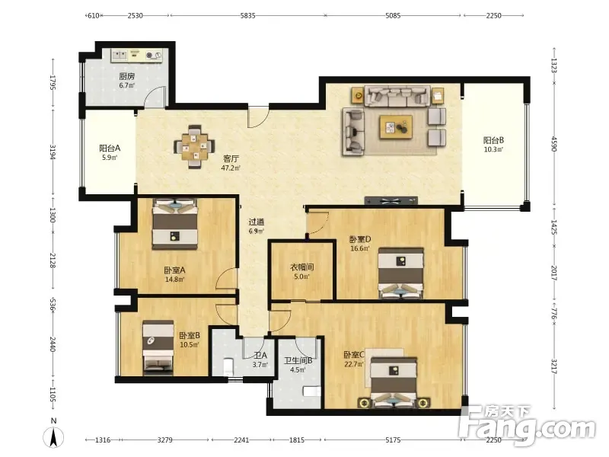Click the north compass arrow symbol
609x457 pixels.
click(53, 436)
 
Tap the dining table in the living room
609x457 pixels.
click(195, 146)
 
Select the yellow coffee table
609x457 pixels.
click(396, 126)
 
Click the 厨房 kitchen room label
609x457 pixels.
click(127, 76)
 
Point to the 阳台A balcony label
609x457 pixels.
click(110, 148)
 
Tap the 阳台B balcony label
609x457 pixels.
click(493, 140)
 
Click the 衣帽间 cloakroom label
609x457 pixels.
click(302, 267)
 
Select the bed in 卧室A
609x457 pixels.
click(175, 224)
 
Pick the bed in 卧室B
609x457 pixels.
click(158, 348)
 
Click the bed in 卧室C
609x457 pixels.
click(394, 383)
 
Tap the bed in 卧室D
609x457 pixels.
click(401, 273)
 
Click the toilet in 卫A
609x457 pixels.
click(228, 367)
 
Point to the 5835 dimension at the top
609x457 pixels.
click(248, 15)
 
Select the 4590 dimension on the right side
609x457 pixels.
click(554, 144)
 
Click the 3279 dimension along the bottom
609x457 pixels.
click(164, 440)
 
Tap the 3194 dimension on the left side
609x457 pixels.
click(53, 152)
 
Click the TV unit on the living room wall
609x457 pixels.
click(391, 200)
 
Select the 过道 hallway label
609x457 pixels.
click(257, 222)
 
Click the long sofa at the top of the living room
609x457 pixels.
click(397, 96)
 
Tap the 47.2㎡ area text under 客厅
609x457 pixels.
click(231, 168)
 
